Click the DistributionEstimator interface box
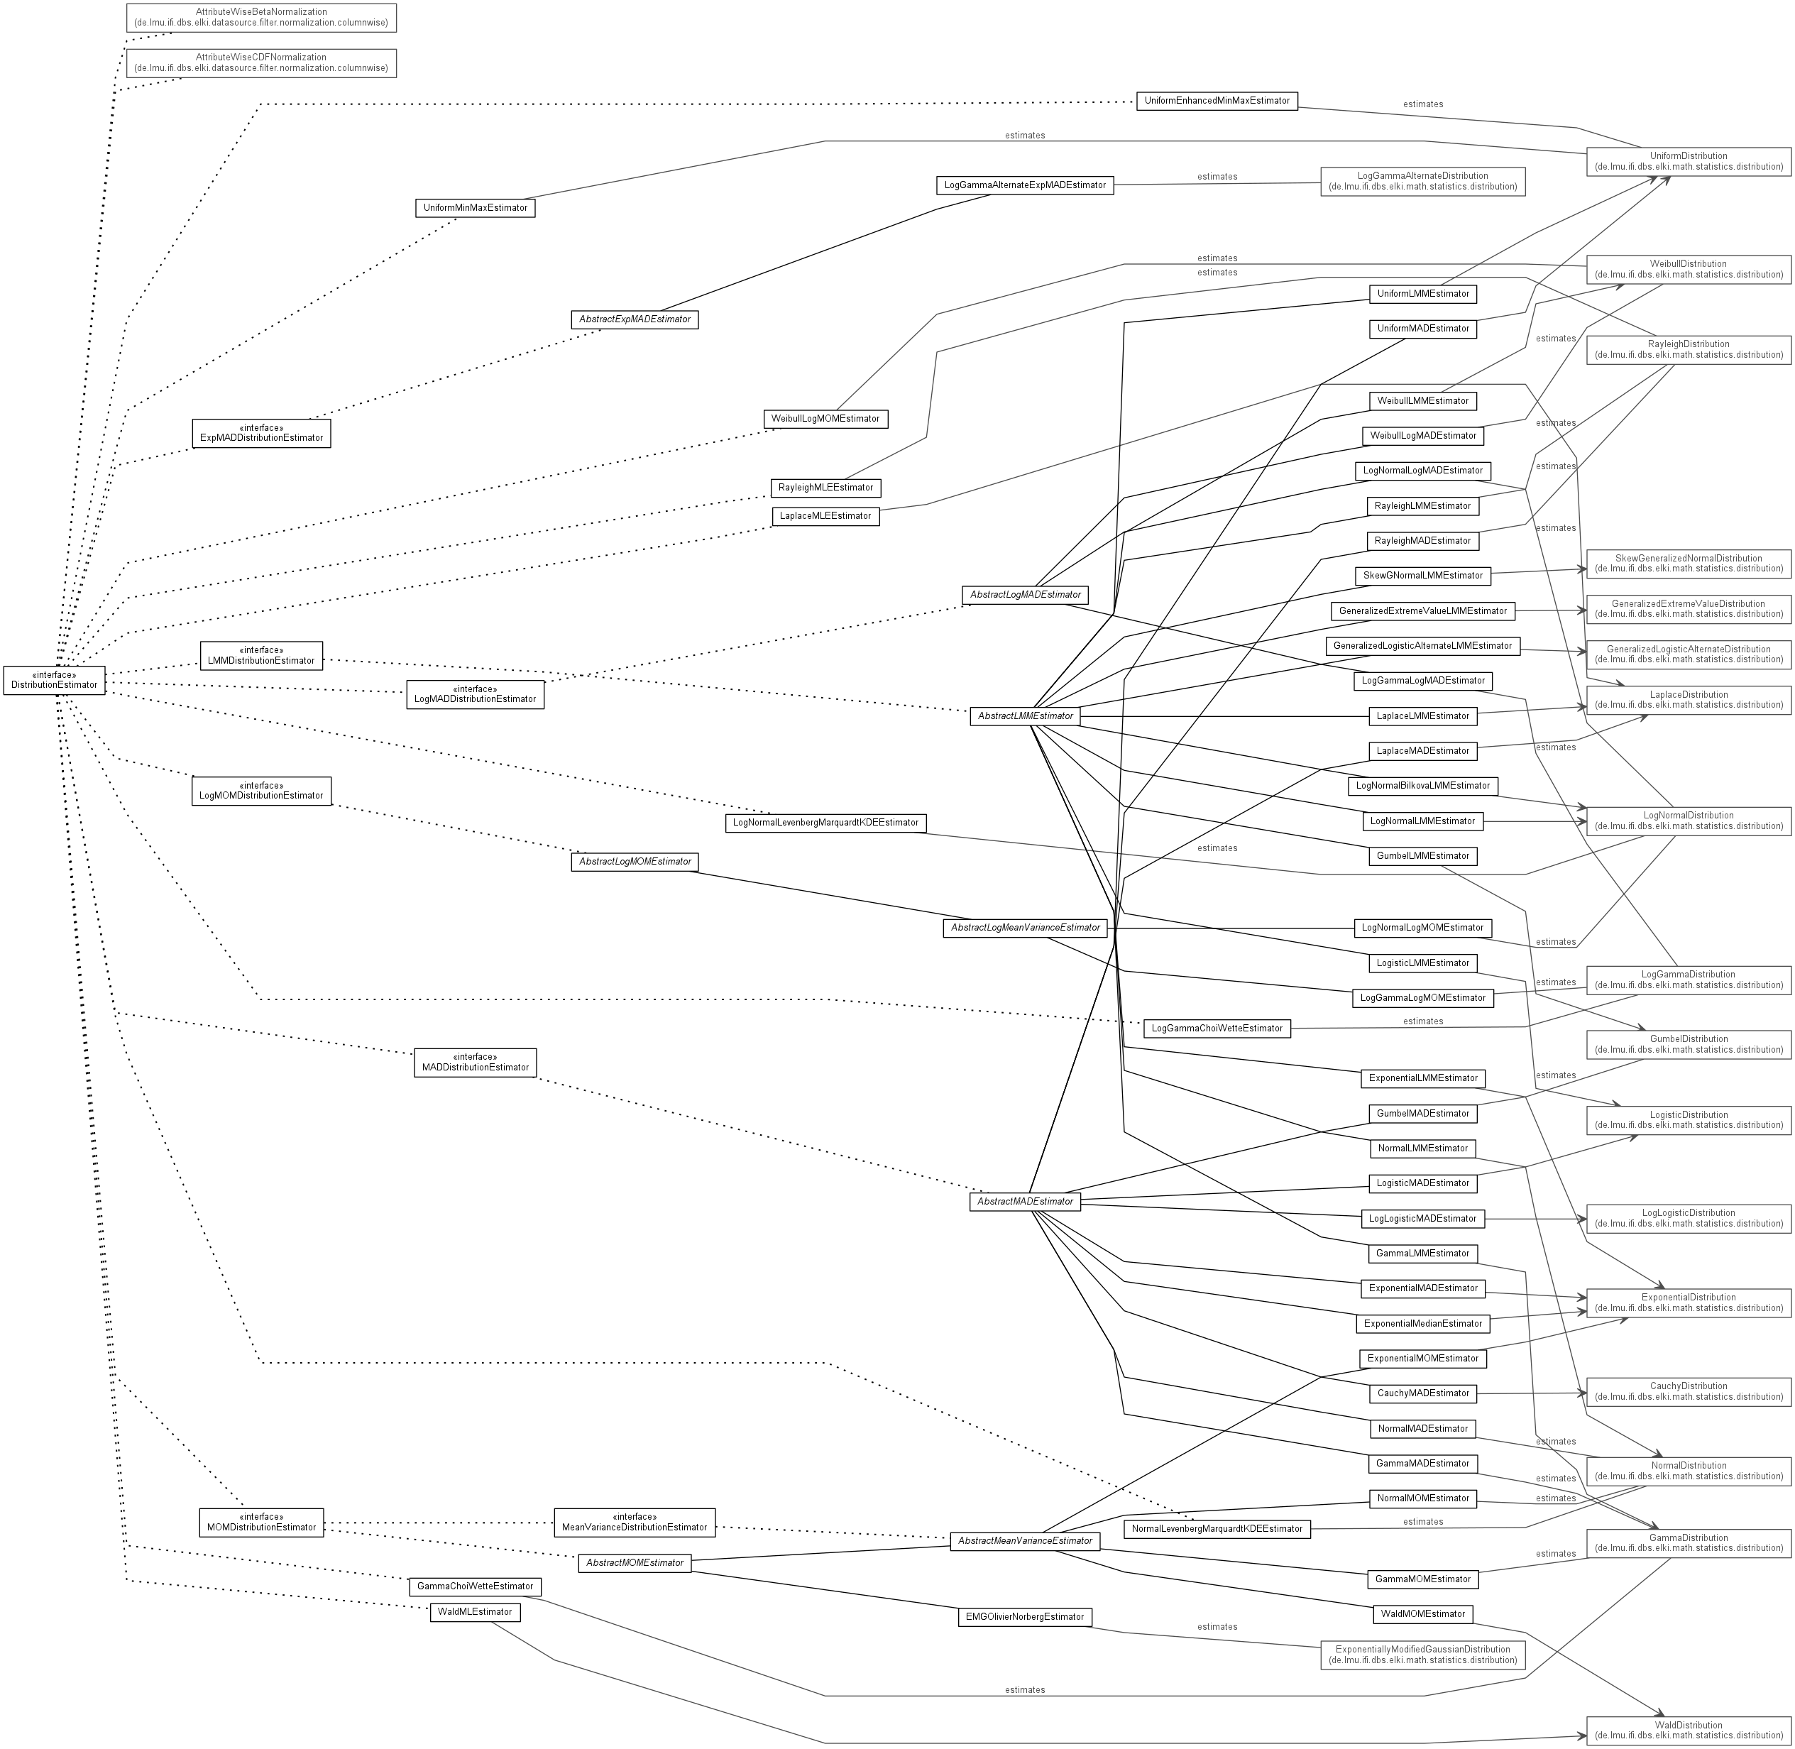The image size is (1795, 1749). point(54,680)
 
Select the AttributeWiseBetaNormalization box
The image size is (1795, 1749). point(261,18)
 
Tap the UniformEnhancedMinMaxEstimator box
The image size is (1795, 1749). point(1217,101)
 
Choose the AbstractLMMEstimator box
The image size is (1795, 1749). point(1025,715)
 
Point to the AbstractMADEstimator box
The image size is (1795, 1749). point(1024,1202)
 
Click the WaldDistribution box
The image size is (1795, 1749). point(1689,1730)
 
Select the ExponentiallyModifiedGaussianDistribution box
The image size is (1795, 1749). point(1422,1655)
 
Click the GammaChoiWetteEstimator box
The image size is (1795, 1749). point(475,1586)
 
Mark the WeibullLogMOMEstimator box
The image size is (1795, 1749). point(825,419)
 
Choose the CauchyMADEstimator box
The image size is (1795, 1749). point(1422,1393)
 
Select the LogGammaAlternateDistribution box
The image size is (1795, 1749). point(1422,181)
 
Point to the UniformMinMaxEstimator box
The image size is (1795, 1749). point(475,207)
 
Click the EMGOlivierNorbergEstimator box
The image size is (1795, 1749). point(1024,1617)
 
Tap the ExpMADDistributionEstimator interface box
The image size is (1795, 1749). point(261,433)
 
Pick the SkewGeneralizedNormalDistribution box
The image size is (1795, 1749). point(1689,563)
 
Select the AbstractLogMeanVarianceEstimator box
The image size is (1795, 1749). point(1024,928)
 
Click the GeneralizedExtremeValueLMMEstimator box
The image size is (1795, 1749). point(1422,611)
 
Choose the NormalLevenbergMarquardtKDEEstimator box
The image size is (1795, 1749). point(1217,1528)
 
